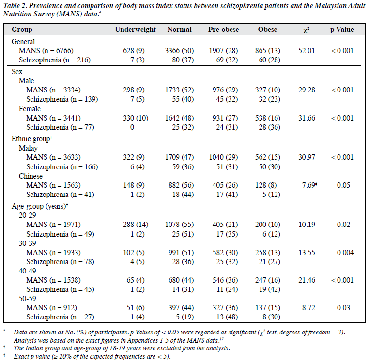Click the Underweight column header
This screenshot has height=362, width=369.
(135, 30)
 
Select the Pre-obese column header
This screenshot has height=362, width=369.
(223, 30)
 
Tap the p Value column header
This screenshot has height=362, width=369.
(342, 30)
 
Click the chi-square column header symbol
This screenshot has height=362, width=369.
(307, 30)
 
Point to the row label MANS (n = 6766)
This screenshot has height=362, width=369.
(46, 51)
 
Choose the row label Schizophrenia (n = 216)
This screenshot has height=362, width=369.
(55, 60)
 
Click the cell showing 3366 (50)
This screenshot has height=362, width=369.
(179, 51)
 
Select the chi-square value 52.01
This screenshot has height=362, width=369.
(307, 51)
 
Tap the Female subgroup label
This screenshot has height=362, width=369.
(30, 109)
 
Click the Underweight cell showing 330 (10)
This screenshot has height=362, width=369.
(136, 118)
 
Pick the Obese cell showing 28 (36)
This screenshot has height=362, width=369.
(270, 127)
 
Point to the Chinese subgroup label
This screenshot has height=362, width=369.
(31, 176)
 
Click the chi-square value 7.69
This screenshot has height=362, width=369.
(308, 185)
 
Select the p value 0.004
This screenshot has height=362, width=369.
(345, 253)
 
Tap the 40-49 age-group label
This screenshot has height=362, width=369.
(27, 271)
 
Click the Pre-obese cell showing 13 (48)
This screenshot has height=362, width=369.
(227, 317)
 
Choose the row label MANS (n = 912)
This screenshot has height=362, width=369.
(51, 308)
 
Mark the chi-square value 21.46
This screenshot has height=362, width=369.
(307, 280)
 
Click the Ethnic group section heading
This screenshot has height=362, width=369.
(31, 139)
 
